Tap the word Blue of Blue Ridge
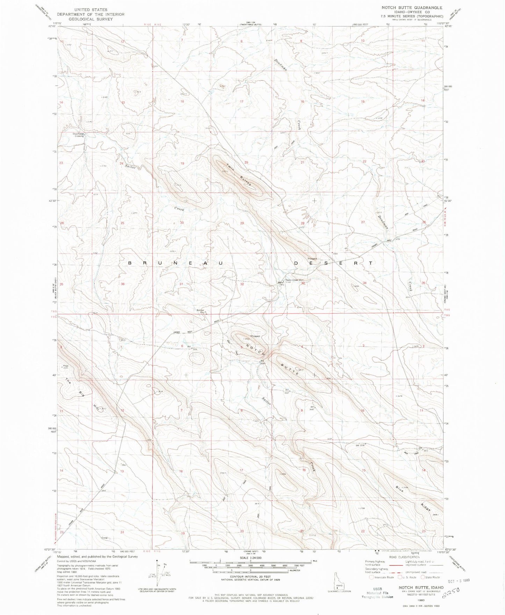pos(400,489)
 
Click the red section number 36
pos(123,284)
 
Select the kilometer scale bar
pos(250,571)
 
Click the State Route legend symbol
pos(424,577)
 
